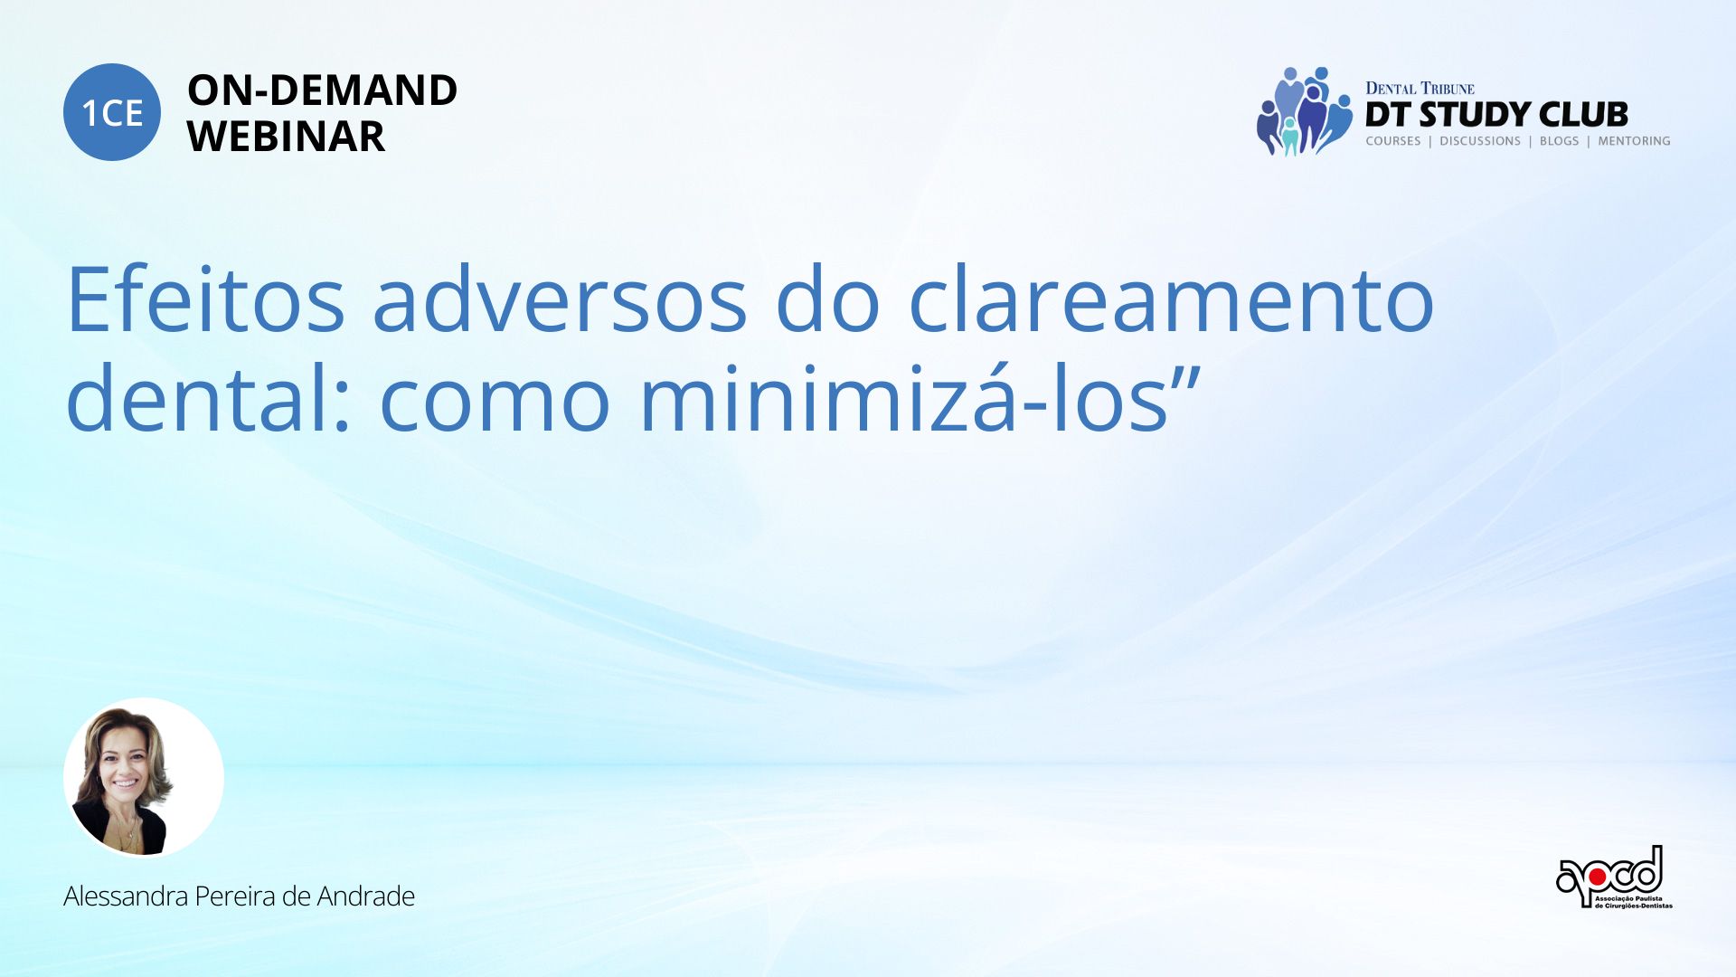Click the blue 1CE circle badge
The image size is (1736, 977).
point(112,112)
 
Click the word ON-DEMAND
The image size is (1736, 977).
point(322,90)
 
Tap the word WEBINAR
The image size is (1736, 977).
point(286,137)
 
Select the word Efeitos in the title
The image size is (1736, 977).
point(205,299)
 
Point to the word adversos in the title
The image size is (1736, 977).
point(560,299)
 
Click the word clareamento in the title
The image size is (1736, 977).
point(1171,299)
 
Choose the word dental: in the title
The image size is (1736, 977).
point(208,398)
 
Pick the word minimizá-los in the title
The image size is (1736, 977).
point(904,398)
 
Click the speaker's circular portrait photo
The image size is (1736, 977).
point(144,777)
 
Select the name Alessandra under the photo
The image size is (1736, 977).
point(126,896)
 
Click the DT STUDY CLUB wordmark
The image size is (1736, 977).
point(1496,115)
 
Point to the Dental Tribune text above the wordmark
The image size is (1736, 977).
point(1420,89)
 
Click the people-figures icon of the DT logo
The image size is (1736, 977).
point(1303,110)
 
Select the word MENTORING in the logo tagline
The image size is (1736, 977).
point(1634,141)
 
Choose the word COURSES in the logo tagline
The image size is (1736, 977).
point(1393,141)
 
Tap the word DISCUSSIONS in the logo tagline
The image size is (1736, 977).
point(1480,141)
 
